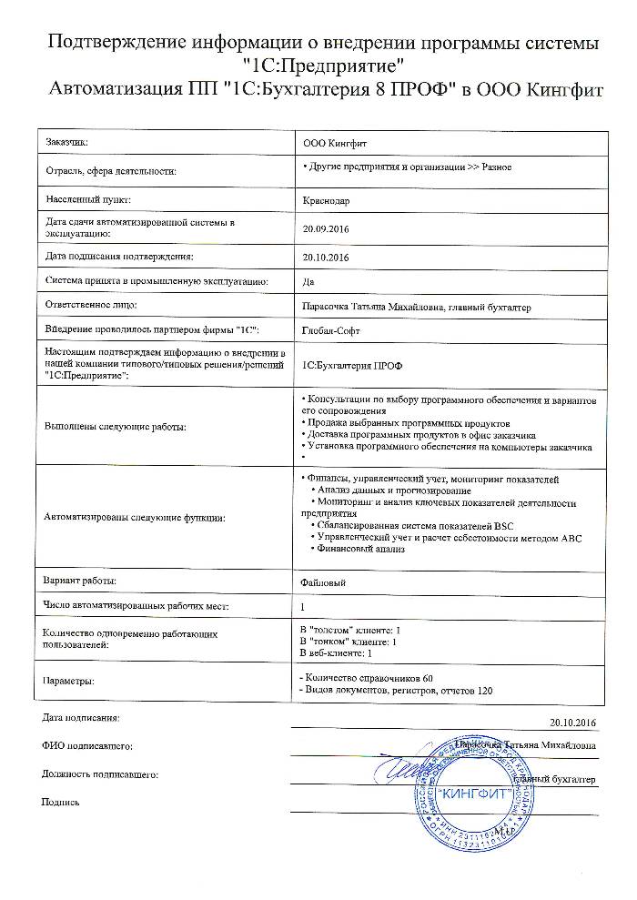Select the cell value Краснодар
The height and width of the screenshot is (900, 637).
coord(325,199)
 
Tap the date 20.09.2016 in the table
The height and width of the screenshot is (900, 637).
coord(325,228)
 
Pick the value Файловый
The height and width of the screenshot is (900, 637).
coord(322,581)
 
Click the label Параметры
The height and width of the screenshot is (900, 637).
coord(69,681)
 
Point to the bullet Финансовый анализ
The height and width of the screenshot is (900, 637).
coord(359,549)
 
